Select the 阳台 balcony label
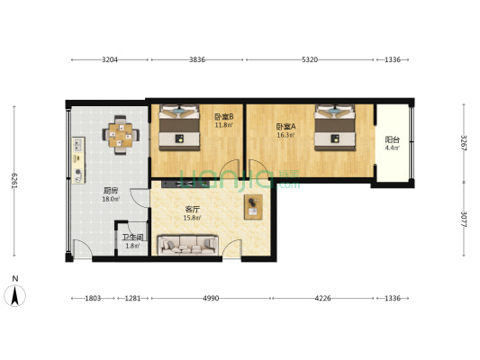coord(392,141)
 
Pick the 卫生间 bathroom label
coord(133,239)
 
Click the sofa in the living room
coord(187,243)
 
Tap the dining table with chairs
coord(120,136)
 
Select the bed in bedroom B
coord(179,129)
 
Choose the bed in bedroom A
coord(335,129)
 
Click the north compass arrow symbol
coord(16,293)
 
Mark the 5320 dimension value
coord(309,60)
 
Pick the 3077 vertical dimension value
coord(464,219)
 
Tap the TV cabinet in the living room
coord(252,207)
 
